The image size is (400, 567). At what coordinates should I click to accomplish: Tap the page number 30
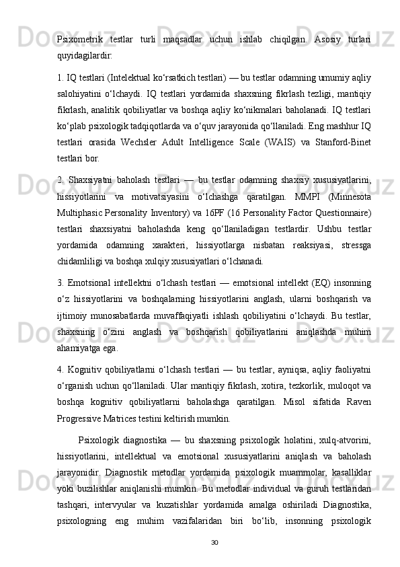point(214,541)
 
